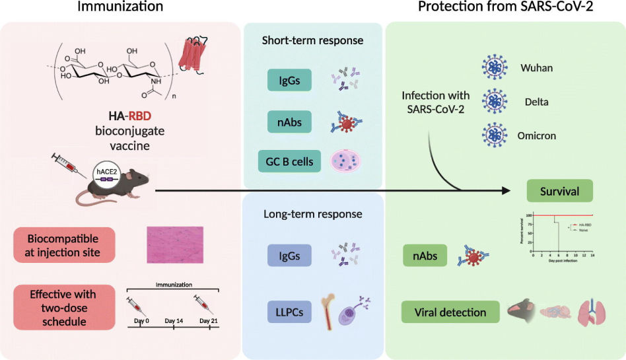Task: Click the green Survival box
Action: [x=559, y=192]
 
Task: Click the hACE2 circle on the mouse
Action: [x=105, y=170]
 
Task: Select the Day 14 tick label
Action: [x=173, y=321]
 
